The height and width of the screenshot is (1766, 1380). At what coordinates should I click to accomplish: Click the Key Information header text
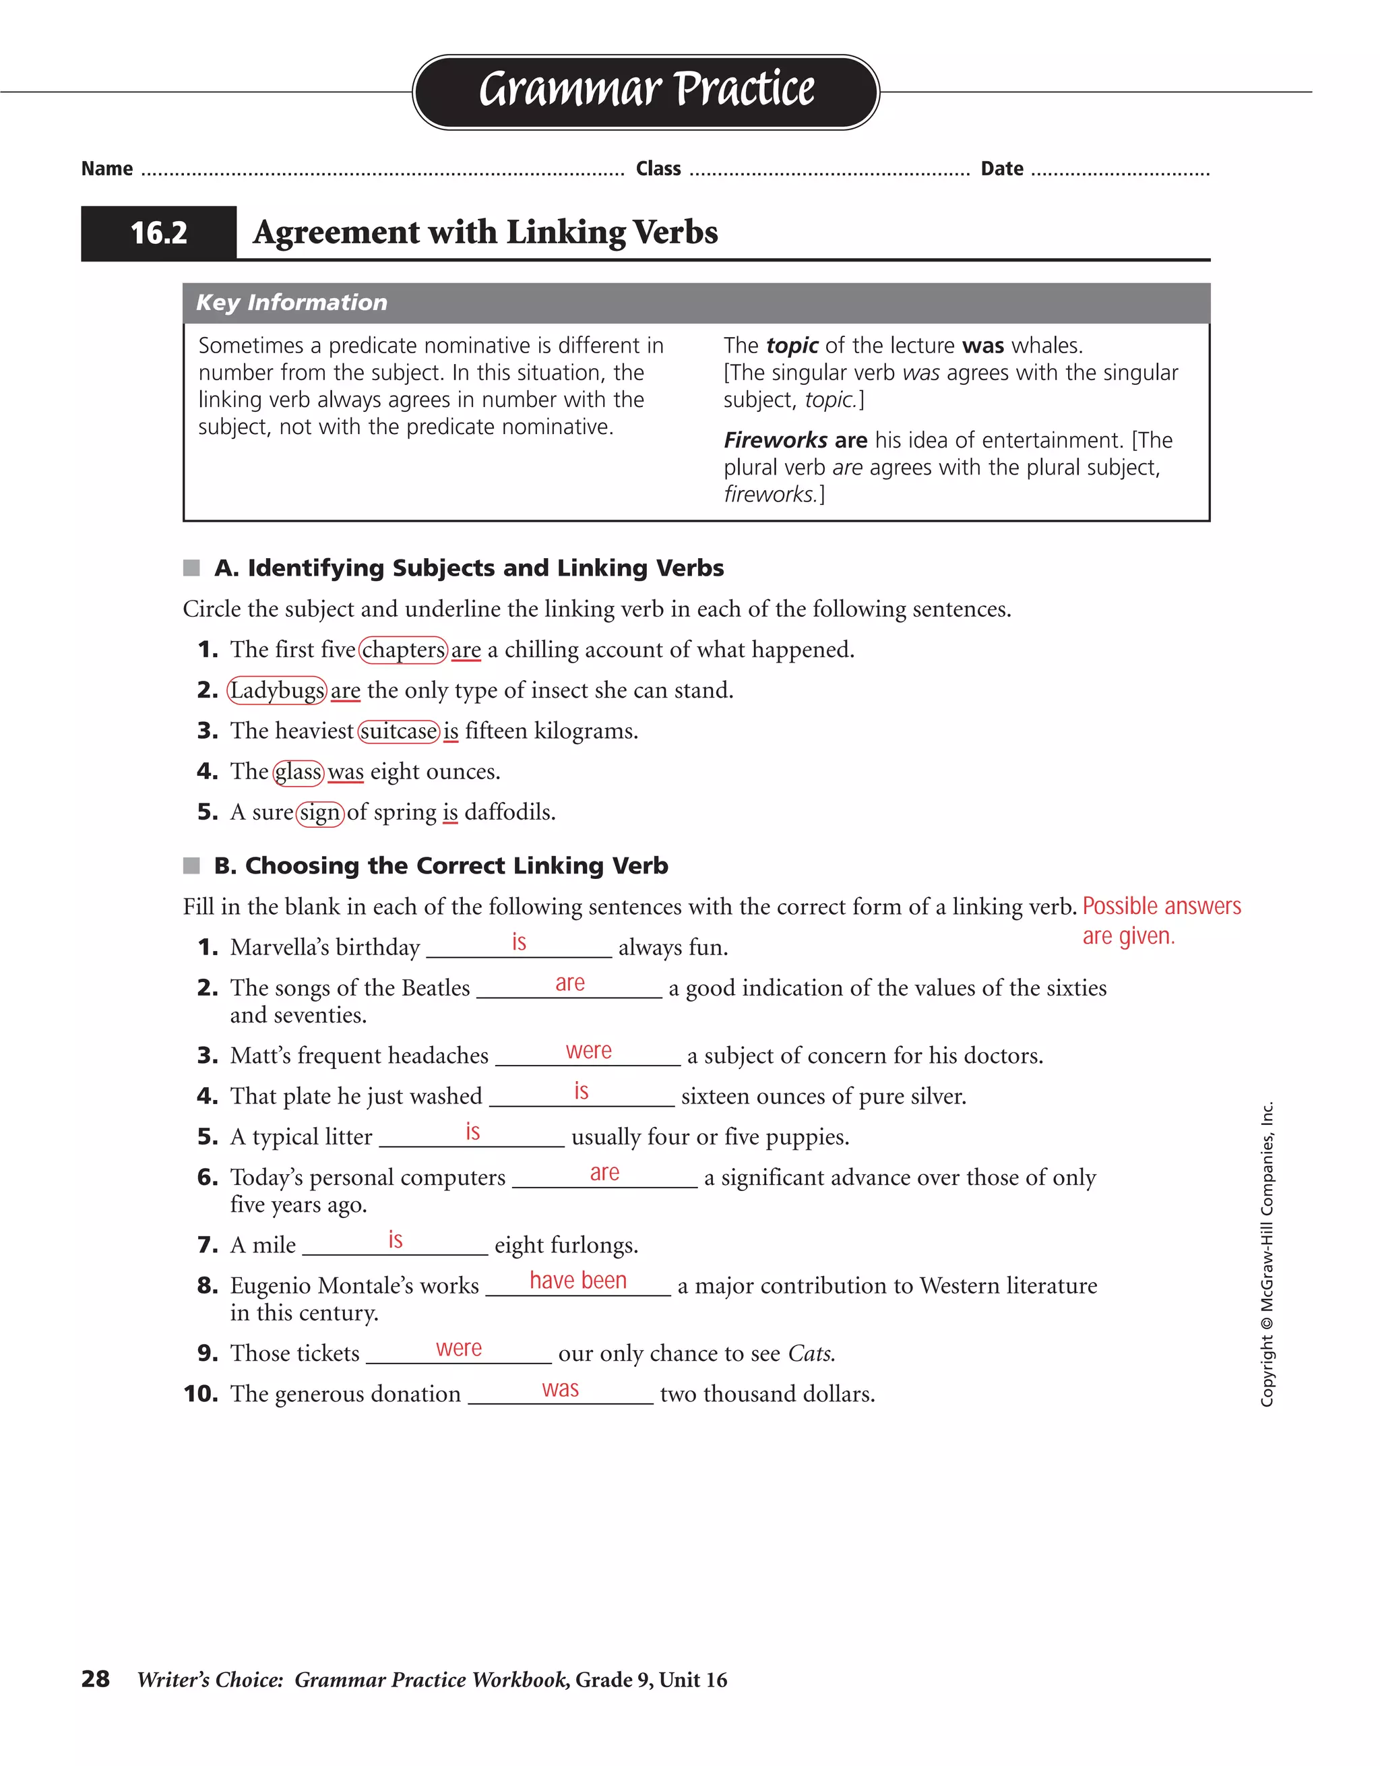tap(292, 303)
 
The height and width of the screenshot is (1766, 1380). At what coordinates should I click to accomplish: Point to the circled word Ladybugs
tap(276, 690)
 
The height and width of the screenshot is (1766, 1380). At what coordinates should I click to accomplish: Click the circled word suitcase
tap(398, 731)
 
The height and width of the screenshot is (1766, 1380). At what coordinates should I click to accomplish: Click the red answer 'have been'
tap(578, 1280)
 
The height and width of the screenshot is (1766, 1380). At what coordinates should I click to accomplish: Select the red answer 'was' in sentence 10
tap(560, 1389)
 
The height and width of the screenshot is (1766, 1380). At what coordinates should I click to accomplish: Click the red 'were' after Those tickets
tap(458, 1348)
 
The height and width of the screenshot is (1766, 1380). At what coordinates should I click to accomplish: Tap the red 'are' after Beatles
tap(570, 983)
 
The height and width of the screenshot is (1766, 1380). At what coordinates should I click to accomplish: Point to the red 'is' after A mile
tap(396, 1240)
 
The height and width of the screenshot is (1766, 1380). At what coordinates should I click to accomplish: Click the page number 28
tap(96, 1678)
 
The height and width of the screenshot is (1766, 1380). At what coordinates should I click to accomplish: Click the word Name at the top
tap(106, 169)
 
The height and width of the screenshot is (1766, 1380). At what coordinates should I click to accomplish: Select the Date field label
tap(1002, 169)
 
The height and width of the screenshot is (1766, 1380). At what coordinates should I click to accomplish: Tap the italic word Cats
tap(811, 1353)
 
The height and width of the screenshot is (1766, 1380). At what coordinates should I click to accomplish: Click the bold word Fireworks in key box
tap(774, 440)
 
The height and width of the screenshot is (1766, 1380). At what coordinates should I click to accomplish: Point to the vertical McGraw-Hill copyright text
tap(1267, 1253)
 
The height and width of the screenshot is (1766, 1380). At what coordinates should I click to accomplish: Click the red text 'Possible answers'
tap(1161, 906)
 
